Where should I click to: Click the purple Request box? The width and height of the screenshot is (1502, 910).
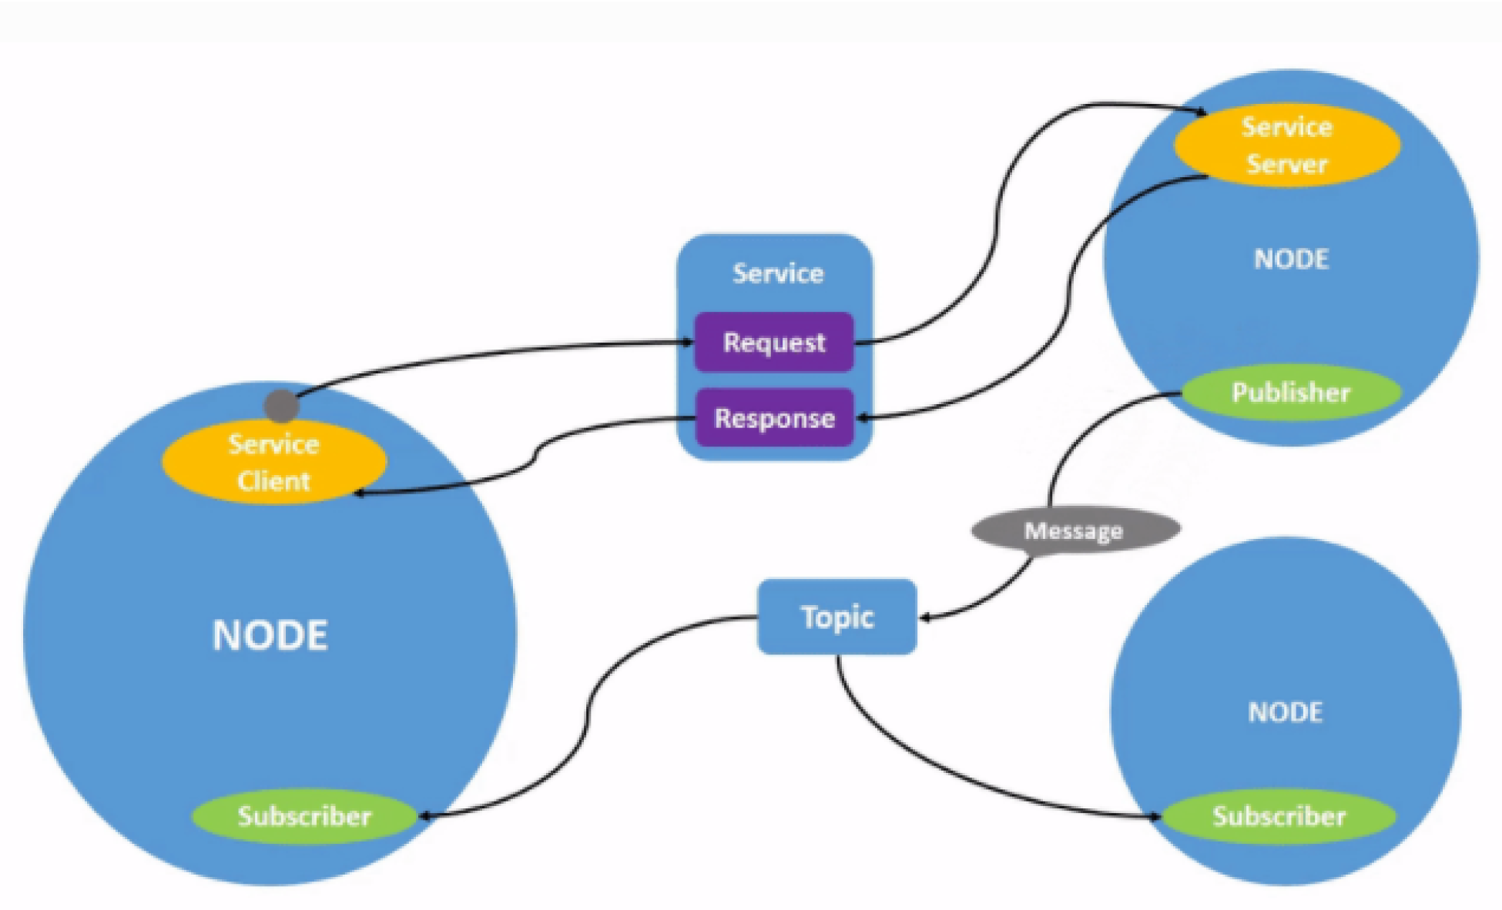[774, 342]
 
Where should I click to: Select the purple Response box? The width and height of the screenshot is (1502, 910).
[774, 418]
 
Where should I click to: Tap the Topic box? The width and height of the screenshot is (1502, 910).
[837, 617]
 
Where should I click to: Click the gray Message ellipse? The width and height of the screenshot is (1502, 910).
[1075, 530]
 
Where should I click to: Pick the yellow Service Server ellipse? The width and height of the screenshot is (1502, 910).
[1286, 146]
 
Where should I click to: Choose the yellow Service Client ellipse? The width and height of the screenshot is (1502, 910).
[273, 462]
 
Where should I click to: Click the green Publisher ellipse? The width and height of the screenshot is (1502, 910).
[1290, 393]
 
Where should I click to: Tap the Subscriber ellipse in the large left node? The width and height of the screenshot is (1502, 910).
[304, 816]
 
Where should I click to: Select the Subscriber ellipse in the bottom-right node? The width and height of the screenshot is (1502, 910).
[1279, 816]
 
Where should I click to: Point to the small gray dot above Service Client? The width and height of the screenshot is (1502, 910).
[281, 406]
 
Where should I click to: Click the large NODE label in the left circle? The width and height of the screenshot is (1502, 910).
[270, 636]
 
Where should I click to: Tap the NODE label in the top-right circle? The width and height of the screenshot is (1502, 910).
[1291, 259]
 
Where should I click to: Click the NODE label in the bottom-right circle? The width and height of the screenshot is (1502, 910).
[1285, 712]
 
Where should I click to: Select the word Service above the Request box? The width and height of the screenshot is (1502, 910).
[777, 273]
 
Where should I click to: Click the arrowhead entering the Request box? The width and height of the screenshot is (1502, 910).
[688, 342]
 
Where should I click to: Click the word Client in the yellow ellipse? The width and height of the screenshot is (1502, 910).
[273, 481]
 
